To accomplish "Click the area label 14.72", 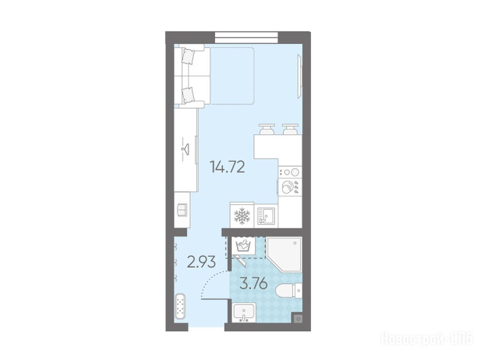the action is [227, 167].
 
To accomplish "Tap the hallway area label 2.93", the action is [201, 262].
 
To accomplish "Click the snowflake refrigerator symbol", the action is [242, 216].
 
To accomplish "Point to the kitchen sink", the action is [266, 216].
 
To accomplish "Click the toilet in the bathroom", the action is [289, 291].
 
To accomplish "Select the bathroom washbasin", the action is [244, 313].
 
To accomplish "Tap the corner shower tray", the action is [284, 254].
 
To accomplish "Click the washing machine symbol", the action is [244, 245].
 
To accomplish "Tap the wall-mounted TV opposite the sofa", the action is [300, 76].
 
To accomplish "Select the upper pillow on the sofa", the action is [188, 56].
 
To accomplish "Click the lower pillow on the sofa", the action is [188, 95].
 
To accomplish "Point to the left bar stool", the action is [267, 129].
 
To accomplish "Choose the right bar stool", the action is [290, 129].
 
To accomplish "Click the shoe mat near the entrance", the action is [180, 307].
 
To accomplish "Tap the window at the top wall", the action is [247, 37].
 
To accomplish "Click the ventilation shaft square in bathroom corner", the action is [298, 319].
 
